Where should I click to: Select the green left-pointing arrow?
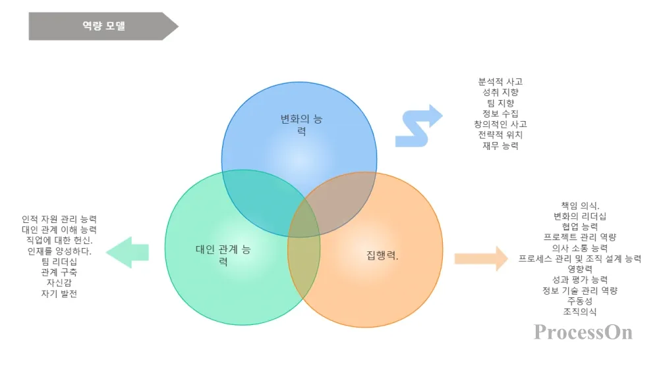[128, 251]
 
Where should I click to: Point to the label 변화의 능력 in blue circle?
[301, 125]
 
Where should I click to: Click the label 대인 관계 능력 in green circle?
[223, 255]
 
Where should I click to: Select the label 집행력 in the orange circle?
[382, 255]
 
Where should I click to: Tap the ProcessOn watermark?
[583, 332]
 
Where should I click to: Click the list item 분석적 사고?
[500, 82]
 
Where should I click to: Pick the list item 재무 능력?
[500, 145]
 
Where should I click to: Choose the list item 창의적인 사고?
[500, 124]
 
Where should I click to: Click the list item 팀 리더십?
[59, 262]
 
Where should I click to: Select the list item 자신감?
[59, 283]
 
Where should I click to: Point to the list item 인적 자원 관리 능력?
[59, 219]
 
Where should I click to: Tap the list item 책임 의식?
[580, 205]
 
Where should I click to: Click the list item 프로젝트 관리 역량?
[580, 237]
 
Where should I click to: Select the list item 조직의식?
[580, 311]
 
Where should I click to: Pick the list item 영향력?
[580, 269]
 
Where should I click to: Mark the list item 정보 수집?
[500, 113]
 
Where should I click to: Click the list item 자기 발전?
[59, 293]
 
